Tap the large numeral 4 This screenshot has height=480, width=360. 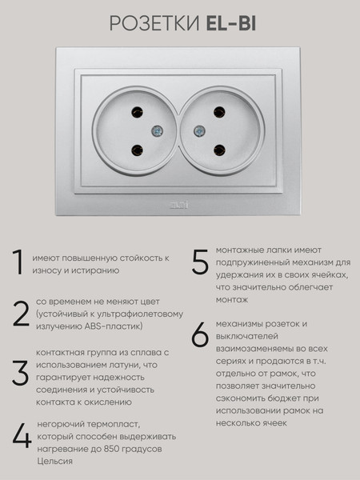coord(21,436)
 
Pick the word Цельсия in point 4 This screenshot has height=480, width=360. coord(54,461)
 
